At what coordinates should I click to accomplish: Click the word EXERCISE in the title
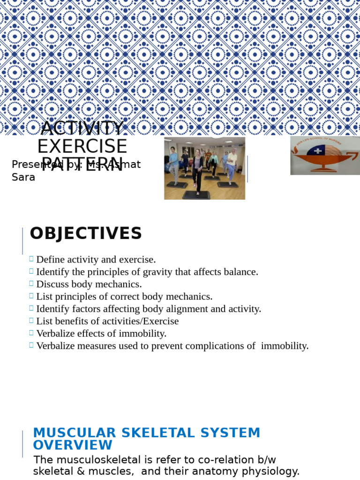tap(82, 146)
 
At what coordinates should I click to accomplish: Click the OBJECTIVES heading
tap(86, 233)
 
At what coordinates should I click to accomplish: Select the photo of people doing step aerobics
tap(204, 168)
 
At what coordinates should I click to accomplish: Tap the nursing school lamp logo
tap(325, 156)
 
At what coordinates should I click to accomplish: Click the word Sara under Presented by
tap(23, 178)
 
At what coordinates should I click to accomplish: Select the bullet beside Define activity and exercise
tap(31, 258)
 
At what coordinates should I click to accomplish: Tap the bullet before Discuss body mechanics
tap(31, 283)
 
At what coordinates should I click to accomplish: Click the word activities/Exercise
tap(138, 321)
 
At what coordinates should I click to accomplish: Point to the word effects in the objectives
tap(96, 334)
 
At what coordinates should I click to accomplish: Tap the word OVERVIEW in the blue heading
tap(73, 445)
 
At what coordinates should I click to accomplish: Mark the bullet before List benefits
tap(31, 320)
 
